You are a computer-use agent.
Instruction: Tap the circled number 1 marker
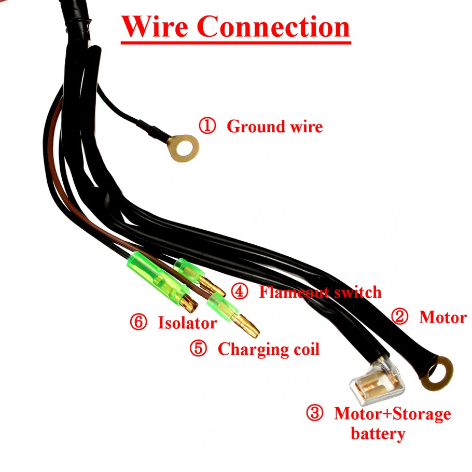tap(207, 126)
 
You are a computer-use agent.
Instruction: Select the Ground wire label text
tap(274, 126)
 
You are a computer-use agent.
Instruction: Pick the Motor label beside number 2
tap(443, 317)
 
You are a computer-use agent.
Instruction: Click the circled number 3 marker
tap(314, 413)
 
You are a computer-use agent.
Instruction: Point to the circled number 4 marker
tap(239, 291)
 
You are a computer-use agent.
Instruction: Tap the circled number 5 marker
tap(198, 349)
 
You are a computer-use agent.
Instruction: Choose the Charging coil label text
tap(268, 349)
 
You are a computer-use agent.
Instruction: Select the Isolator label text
tap(187, 323)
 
